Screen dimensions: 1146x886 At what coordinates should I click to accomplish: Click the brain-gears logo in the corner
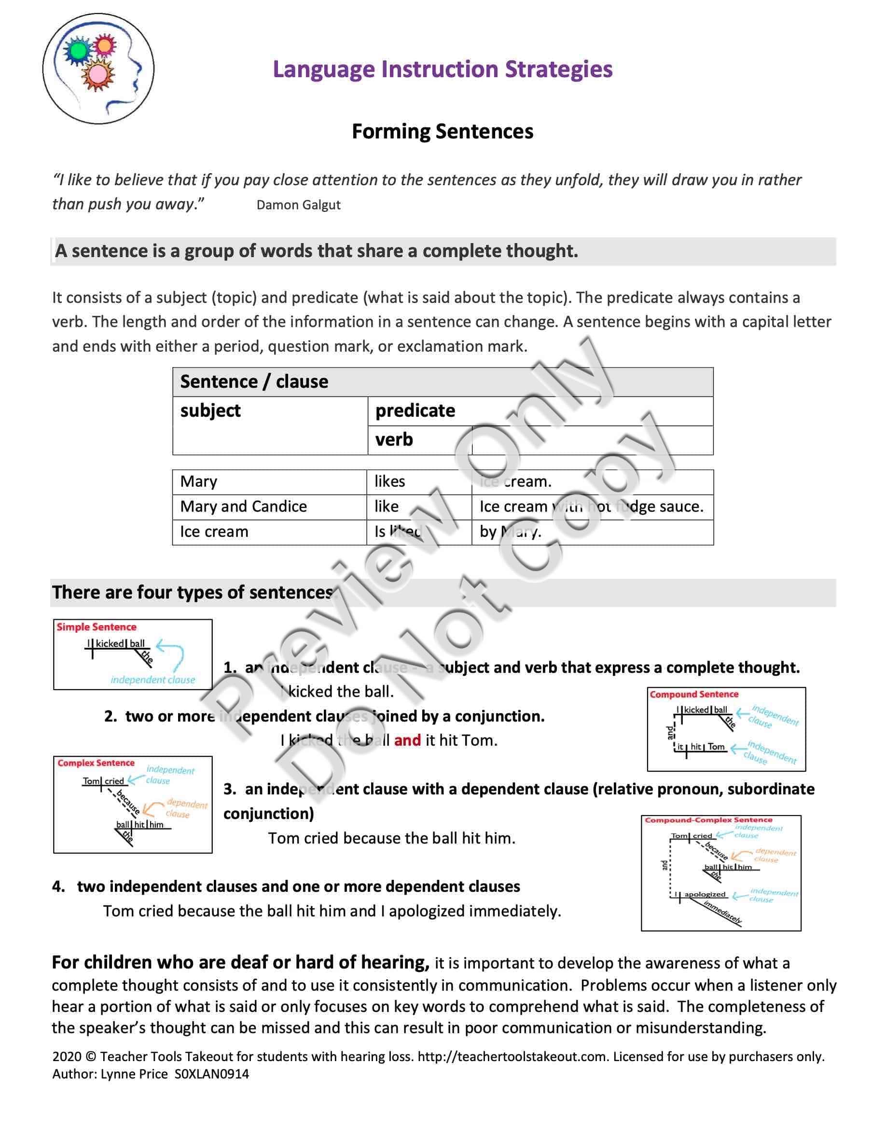pos(98,69)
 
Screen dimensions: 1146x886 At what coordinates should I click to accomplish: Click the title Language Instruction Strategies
pos(443,69)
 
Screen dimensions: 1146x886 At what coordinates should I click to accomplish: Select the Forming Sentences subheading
pos(443,131)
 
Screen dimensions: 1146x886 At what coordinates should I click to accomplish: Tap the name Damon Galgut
pos(298,205)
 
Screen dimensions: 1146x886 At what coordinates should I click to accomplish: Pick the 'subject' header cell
pos(210,410)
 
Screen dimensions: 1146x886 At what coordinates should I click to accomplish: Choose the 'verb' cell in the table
pos(394,440)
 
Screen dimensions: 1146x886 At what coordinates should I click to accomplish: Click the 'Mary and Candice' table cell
pos(244,507)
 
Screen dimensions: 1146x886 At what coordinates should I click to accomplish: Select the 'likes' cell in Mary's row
pos(389,482)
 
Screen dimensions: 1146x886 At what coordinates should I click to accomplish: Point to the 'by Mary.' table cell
pos(510,532)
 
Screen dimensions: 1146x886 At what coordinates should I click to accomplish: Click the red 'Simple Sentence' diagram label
pos(97,627)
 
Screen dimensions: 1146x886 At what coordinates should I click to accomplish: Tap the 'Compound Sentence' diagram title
pos(694,695)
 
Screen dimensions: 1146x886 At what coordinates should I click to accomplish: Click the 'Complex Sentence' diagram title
pos(96,763)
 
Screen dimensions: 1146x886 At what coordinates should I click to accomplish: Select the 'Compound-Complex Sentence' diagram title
pos(708,820)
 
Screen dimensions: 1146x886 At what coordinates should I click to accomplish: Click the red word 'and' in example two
pos(407,740)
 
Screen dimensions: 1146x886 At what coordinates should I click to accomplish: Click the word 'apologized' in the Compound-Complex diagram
pos(705,894)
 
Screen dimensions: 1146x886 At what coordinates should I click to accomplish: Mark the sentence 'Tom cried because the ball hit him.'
pos(391,838)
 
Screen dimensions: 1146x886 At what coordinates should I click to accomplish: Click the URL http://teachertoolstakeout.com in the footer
pos(512,1056)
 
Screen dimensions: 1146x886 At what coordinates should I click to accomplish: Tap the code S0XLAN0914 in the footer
pos(211,1074)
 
